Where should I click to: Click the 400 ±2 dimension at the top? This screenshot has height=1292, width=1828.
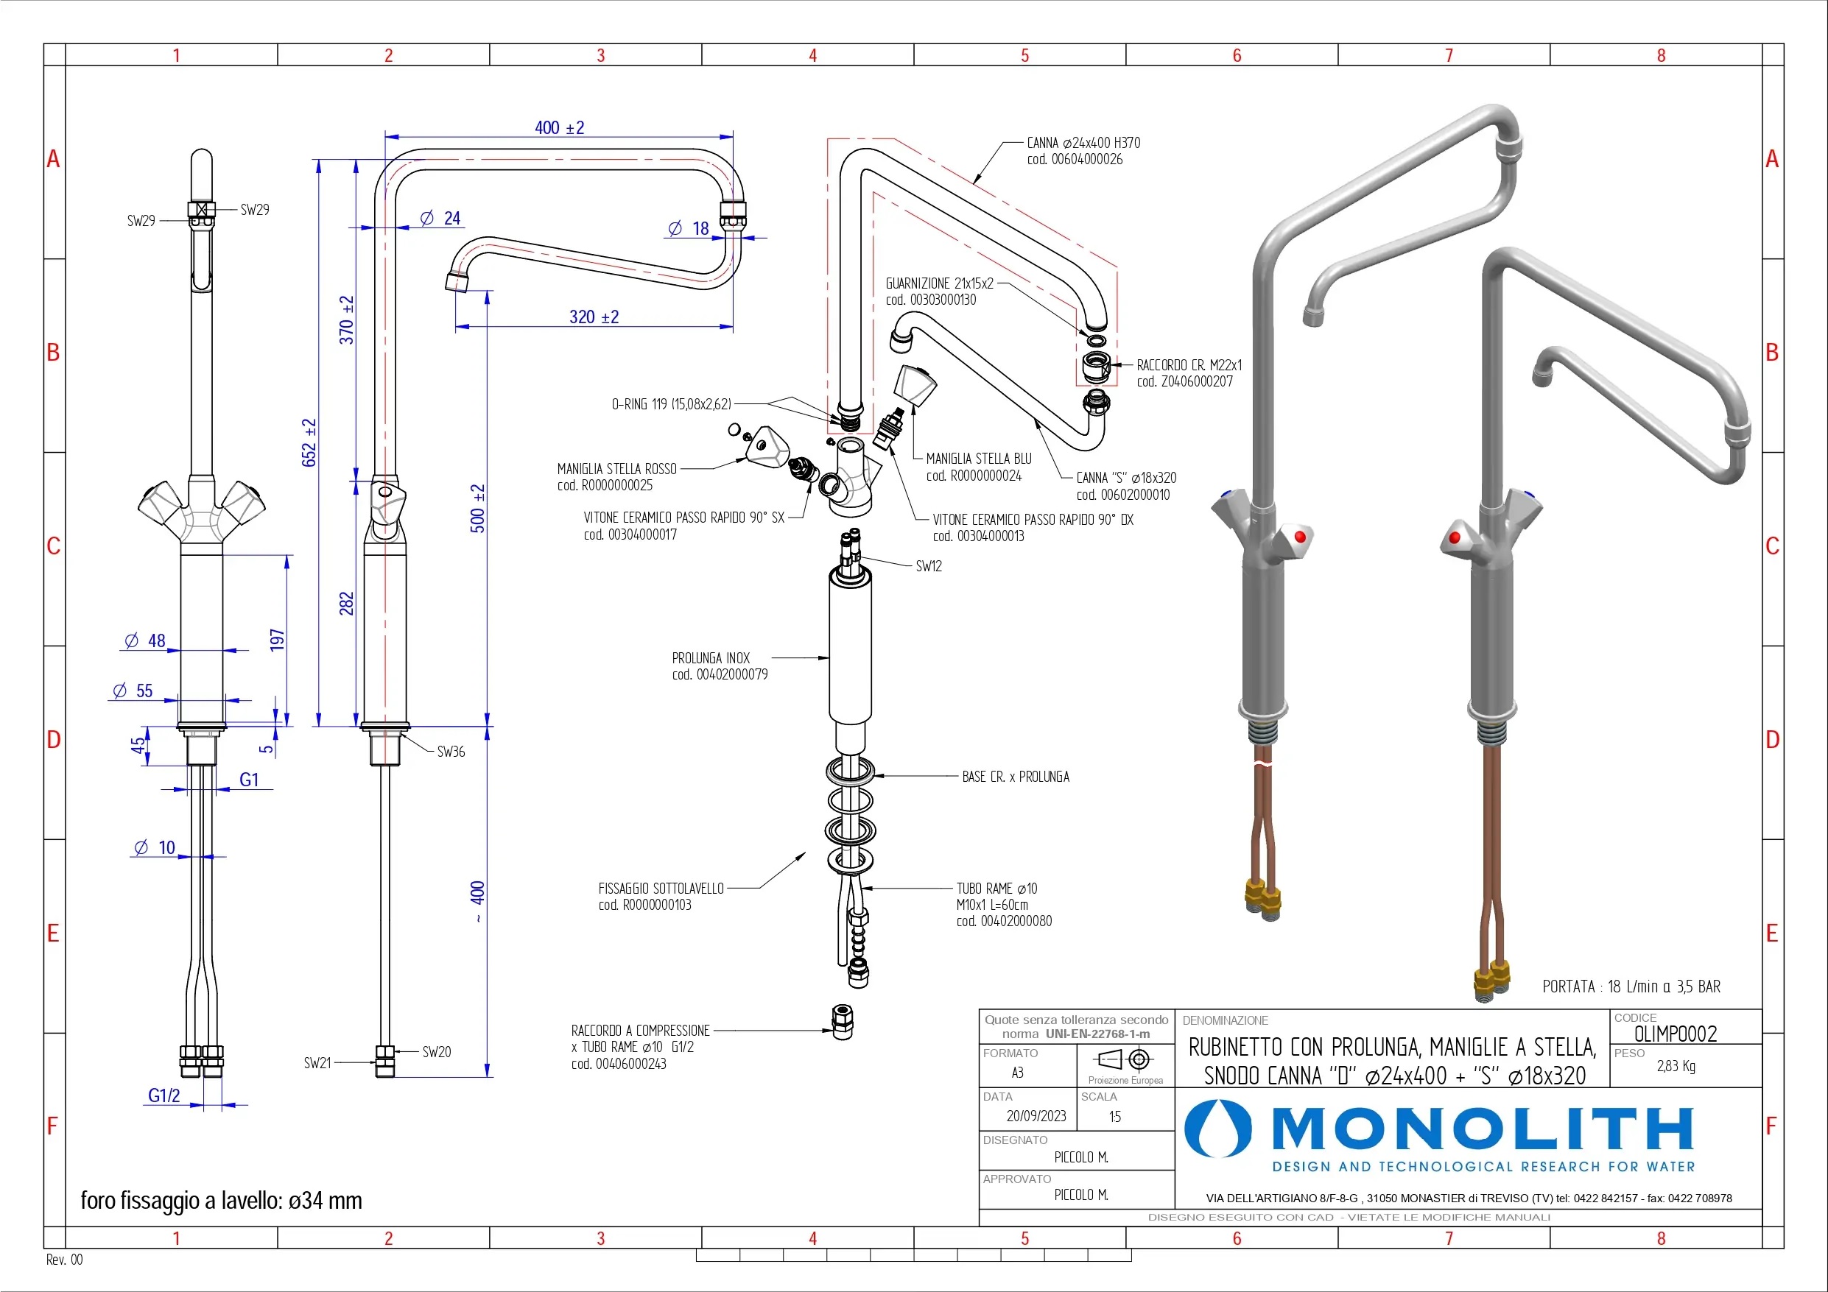(559, 128)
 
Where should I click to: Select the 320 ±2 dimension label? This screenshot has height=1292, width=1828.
(594, 317)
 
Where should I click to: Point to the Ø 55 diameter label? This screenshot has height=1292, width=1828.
(134, 691)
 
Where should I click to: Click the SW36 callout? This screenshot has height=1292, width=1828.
(451, 752)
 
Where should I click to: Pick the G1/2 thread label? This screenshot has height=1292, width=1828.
(164, 1095)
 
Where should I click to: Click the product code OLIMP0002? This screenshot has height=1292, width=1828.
(1675, 1034)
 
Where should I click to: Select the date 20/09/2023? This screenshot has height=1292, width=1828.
(1036, 1116)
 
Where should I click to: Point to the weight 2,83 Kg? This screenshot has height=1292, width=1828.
(1676, 1066)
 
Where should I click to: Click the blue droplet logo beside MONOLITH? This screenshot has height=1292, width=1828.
(1217, 1129)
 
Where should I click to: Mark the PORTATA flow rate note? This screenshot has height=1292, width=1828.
(1631, 986)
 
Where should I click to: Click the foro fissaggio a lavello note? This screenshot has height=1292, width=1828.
(222, 1201)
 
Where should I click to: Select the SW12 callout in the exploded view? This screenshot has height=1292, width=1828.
(928, 566)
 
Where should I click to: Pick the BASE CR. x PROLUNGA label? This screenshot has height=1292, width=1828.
(1015, 776)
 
